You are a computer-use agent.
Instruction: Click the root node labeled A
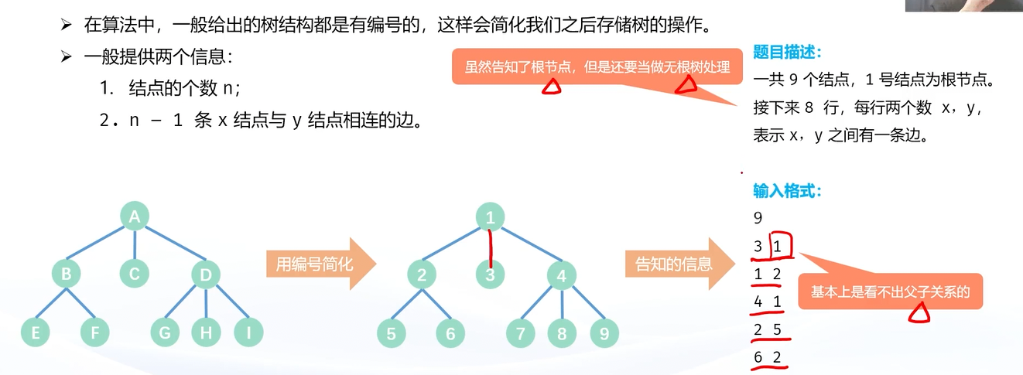coord(134,217)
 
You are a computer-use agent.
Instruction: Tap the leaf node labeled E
coord(36,333)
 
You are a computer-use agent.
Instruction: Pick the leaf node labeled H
coord(206,333)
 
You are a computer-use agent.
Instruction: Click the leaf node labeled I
coord(248,333)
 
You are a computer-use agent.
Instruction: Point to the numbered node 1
coord(490,217)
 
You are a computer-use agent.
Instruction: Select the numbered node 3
coord(491,274)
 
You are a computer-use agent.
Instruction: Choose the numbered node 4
coord(561,274)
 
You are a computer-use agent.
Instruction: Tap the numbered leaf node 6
coord(450,333)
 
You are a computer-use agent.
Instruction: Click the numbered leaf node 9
coord(604,333)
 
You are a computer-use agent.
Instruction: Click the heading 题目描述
coord(786,53)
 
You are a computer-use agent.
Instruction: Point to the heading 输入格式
coord(786,190)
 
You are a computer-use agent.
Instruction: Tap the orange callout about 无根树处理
coord(597,67)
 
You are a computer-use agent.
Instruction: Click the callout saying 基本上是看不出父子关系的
coord(890,292)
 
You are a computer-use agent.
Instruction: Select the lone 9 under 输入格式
coord(758,219)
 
